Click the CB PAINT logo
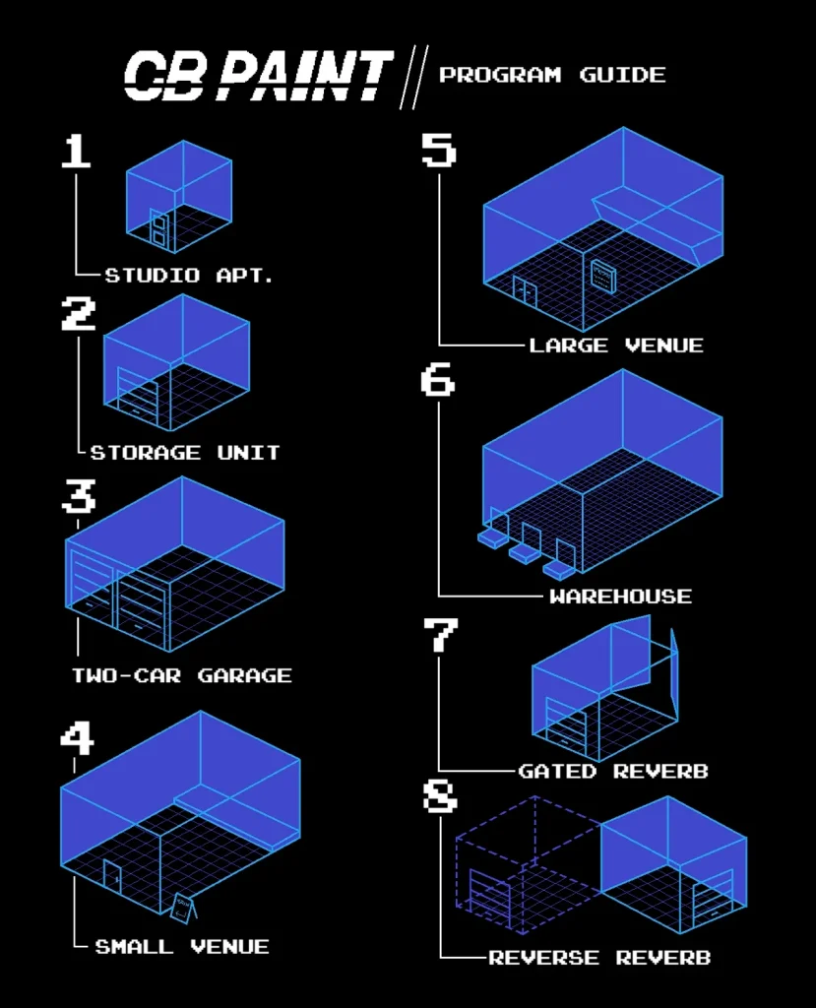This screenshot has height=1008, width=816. click(x=258, y=75)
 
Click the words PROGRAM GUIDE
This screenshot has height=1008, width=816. click(x=552, y=75)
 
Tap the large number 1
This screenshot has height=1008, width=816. click(x=76, y=151)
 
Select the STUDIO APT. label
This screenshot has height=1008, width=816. click(x=189, y=276)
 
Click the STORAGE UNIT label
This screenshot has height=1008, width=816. click(x=185, y=453)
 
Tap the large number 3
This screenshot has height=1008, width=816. click(x=79, y=496)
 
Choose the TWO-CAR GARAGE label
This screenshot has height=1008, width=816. click(x=182, y=675)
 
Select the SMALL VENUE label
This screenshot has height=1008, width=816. click(x=182, y=946)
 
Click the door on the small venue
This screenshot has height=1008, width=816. click(x=112, y=875)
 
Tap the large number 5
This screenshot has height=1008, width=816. click(x=439, y=150)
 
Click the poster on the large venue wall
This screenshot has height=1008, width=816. click(x=603, y=276)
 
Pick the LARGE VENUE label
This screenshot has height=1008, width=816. click(x=616, y=346)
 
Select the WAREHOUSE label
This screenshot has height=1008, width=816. click(x=620, y=597)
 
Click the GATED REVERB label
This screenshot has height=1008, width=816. click(x=613, y=771)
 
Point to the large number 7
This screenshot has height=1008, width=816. click(x=440, y=635)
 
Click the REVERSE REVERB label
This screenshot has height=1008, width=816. click(x=599, y=958)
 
